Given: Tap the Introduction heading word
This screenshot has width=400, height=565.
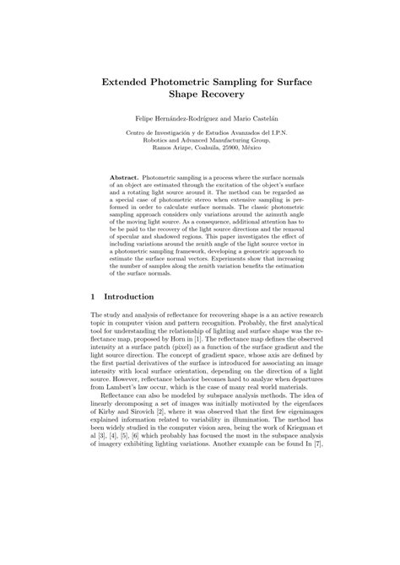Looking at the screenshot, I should [128, 297].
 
